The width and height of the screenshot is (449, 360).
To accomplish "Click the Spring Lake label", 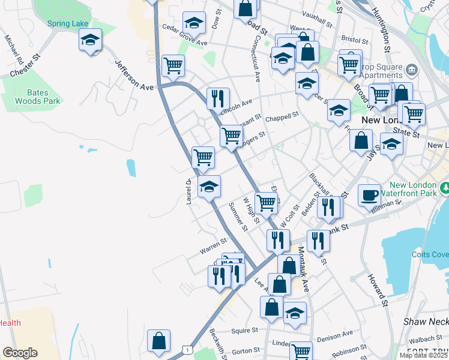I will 68,23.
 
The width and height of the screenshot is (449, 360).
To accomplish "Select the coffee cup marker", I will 370,195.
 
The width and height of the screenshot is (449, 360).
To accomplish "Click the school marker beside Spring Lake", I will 90,40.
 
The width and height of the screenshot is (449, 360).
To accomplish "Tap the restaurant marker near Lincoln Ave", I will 218,98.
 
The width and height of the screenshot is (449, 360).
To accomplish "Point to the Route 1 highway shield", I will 188,349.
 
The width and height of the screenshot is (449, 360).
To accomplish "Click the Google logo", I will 20,352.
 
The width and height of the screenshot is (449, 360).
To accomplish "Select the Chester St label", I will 25,67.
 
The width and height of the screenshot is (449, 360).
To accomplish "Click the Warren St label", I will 213,244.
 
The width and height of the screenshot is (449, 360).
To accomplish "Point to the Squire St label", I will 244,330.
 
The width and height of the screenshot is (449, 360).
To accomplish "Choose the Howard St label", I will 379,287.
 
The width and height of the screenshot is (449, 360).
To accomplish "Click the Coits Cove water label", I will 430,254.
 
